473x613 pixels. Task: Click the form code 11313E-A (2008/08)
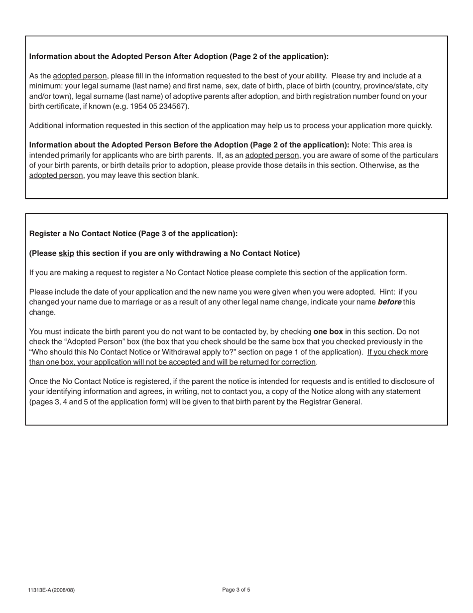click(x=51, y=590)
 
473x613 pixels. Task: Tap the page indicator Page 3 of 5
click(x=236, y=590)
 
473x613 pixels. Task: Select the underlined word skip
click(x=66, y=253)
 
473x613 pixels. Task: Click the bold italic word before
click(x=389, y=302)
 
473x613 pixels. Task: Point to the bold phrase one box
click(x=328, y=331)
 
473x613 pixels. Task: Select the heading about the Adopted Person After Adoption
click(x=179, y=56)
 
